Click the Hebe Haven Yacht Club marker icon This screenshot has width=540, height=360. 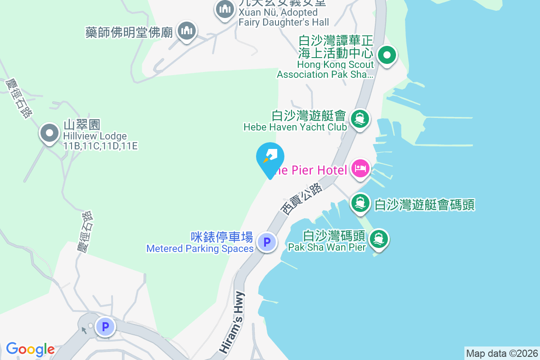360,119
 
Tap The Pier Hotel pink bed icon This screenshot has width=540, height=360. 360,169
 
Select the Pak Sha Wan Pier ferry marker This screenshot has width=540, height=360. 378,239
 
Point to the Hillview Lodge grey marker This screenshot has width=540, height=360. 49,133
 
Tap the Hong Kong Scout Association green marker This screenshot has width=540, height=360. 386,56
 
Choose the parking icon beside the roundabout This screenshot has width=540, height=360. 106,327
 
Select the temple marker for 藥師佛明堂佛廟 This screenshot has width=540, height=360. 185,31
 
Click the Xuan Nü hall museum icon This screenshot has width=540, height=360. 224,9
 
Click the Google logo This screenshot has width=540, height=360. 30,349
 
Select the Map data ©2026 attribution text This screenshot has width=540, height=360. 502,353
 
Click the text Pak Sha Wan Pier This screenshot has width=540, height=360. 327,247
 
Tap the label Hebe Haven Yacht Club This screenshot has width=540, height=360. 295,127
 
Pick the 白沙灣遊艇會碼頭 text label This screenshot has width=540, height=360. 425,205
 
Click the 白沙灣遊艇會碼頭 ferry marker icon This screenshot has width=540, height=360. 360,202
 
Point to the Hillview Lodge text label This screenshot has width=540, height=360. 95,136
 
